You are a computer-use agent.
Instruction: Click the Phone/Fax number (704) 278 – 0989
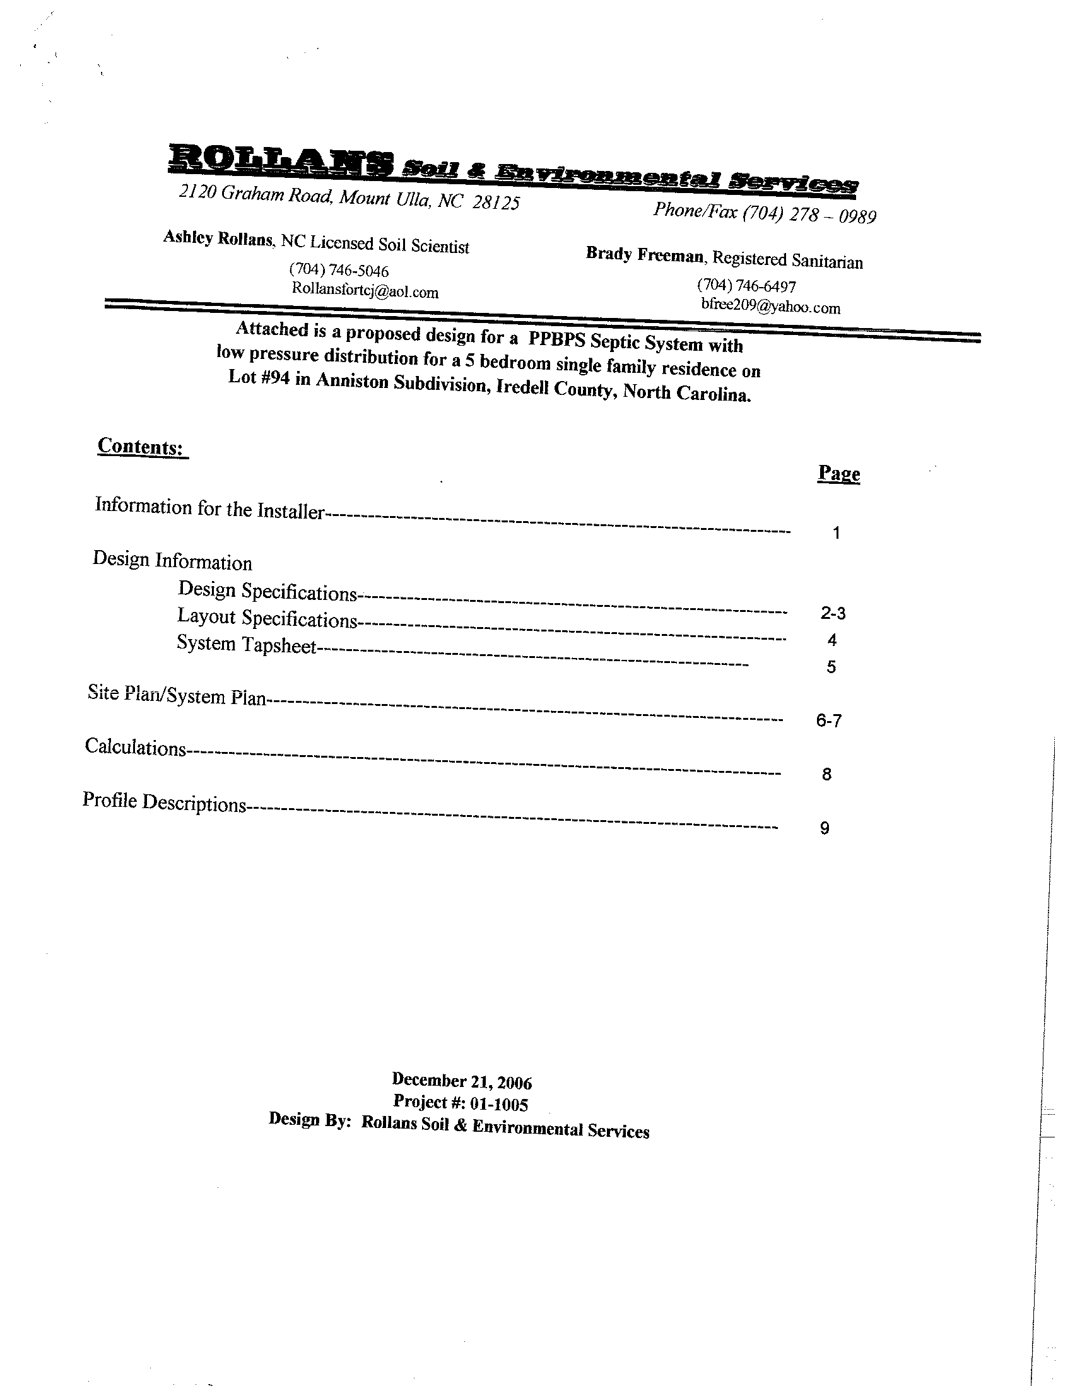(x=809, y=214)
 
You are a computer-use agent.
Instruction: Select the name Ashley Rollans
(x=218, y=238)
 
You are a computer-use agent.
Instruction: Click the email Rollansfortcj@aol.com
(x=365, y=291)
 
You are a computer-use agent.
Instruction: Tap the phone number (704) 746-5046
(x=338, y=271)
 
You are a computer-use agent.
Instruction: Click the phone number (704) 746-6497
(x=746, y=286)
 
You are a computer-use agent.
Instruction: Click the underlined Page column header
(x=838, y=473)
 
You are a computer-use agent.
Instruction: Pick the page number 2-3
(x=833, y=613)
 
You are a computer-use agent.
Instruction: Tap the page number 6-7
(x=829, y=720)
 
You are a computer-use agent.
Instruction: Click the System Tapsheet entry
(x=246, y=645)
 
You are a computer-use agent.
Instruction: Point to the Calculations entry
(x=135, y=747)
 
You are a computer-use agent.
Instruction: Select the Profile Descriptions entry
(x=164, y=802)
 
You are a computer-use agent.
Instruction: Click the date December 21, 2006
(x=461, y=1081)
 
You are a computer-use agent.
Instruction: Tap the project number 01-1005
(x=499, y=1104)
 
